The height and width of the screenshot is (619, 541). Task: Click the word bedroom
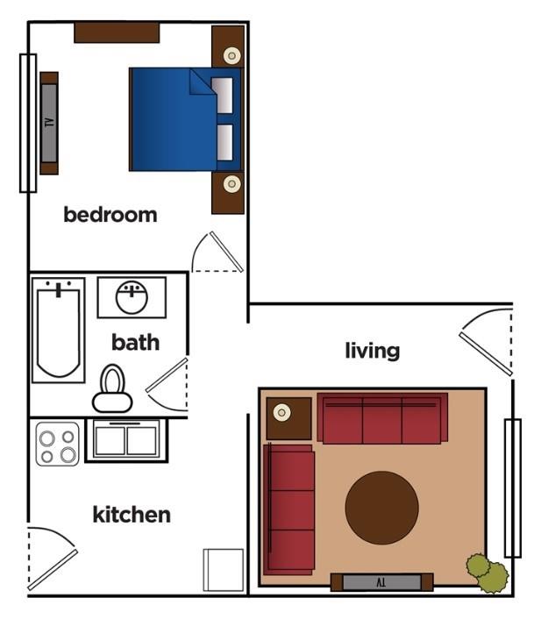(110, 214)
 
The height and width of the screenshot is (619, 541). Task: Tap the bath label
(135, 341)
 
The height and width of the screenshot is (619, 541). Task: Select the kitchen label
(132, 514)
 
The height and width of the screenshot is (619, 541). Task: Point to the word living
(372, 351)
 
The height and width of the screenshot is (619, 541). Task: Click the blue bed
(175, 119)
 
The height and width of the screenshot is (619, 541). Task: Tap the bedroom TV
(49, 123)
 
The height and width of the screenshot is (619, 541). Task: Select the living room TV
(381, 581)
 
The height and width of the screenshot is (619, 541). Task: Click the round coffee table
(381, 508)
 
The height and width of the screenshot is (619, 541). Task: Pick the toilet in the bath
(112, 389)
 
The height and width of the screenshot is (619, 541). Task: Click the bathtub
(58, 331)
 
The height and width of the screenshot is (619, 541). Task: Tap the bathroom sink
(132, 296)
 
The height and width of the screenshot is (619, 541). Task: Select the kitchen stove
(58, 444)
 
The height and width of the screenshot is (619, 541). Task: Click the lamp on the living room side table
(282, 413)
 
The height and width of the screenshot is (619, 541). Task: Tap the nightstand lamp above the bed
(231, 56)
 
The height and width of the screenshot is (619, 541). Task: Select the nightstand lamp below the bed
(231, 184)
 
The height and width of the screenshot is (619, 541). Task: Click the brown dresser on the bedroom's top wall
(117, 32)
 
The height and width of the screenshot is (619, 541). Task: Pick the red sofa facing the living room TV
(382, 420)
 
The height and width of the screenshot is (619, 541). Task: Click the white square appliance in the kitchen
(224, 570)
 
